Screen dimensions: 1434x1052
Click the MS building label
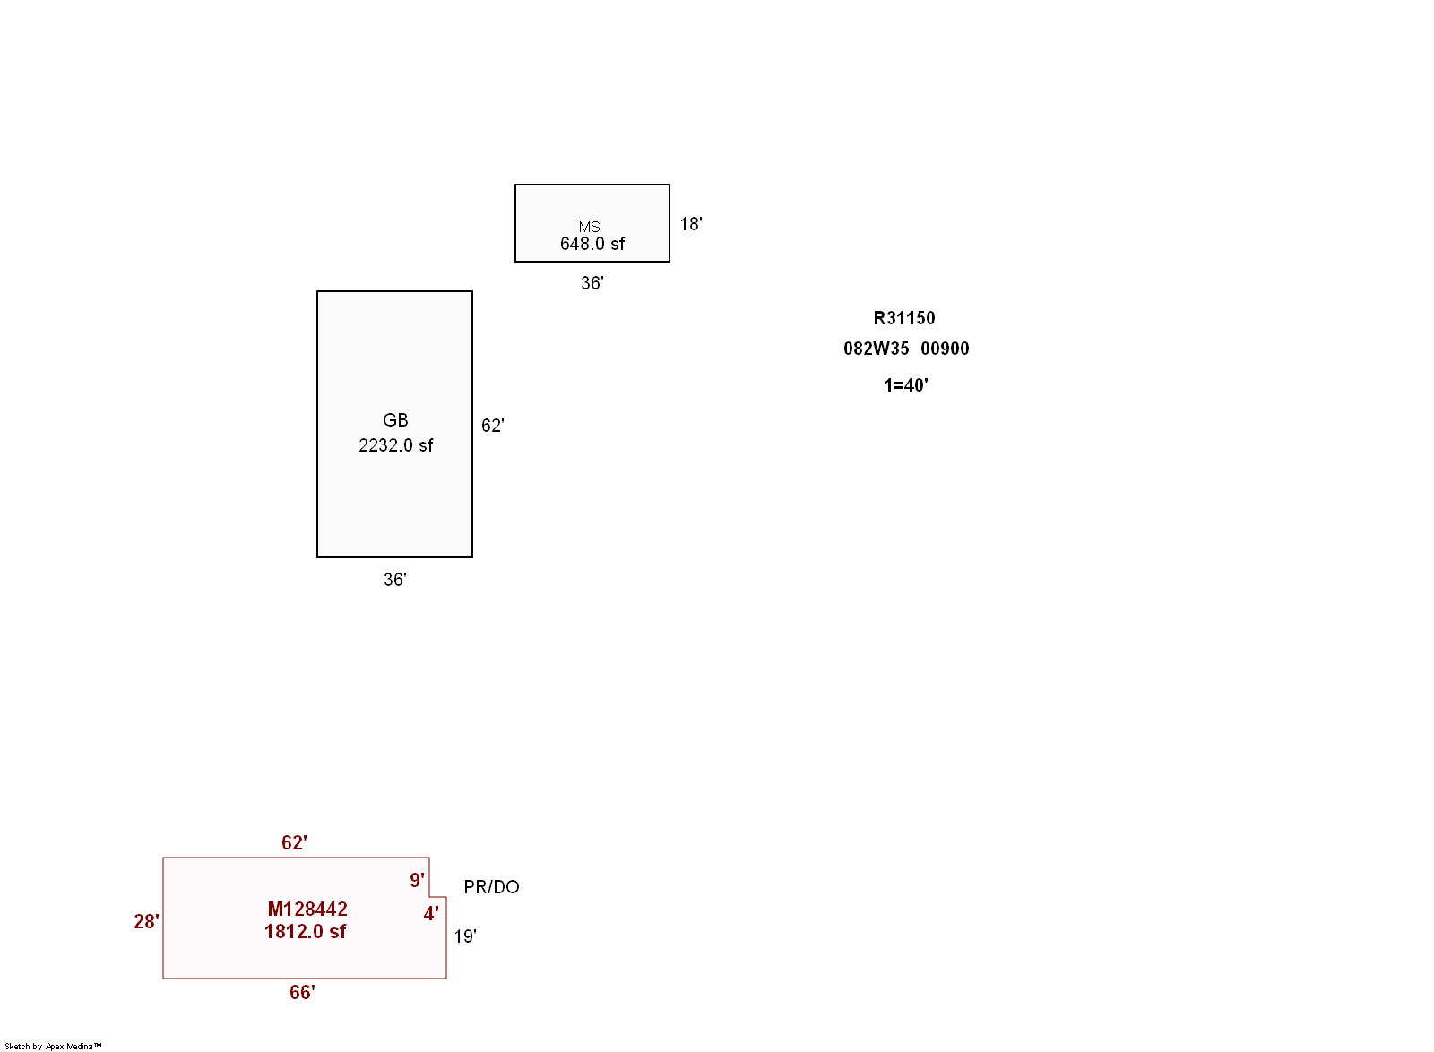(589, 228)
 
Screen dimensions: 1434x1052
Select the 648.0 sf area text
(592, 244)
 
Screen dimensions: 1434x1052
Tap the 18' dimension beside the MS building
(691, 224)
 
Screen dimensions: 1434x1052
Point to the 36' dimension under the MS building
(592, 283)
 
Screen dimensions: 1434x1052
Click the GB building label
(395, 419)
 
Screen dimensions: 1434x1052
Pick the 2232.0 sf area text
(395, 445)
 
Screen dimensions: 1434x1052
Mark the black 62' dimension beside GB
(492, 426)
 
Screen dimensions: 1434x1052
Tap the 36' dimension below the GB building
(395, 580)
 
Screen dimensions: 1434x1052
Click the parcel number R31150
(904, 318)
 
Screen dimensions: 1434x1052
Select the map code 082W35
(876, 349)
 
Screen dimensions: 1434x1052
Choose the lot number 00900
(945, 349)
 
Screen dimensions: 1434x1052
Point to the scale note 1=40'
(906, 385)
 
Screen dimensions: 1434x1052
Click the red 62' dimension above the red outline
(295, 842)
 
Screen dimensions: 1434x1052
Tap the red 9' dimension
(417, 881)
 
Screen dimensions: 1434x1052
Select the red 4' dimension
(431, 914)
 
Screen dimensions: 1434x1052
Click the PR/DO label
(491, 887)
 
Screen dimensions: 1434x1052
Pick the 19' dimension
(465, 936)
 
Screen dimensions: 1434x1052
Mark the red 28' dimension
(147, 921)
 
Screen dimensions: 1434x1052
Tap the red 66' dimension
(302, 993)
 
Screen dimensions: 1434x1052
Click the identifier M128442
(307, 910)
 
